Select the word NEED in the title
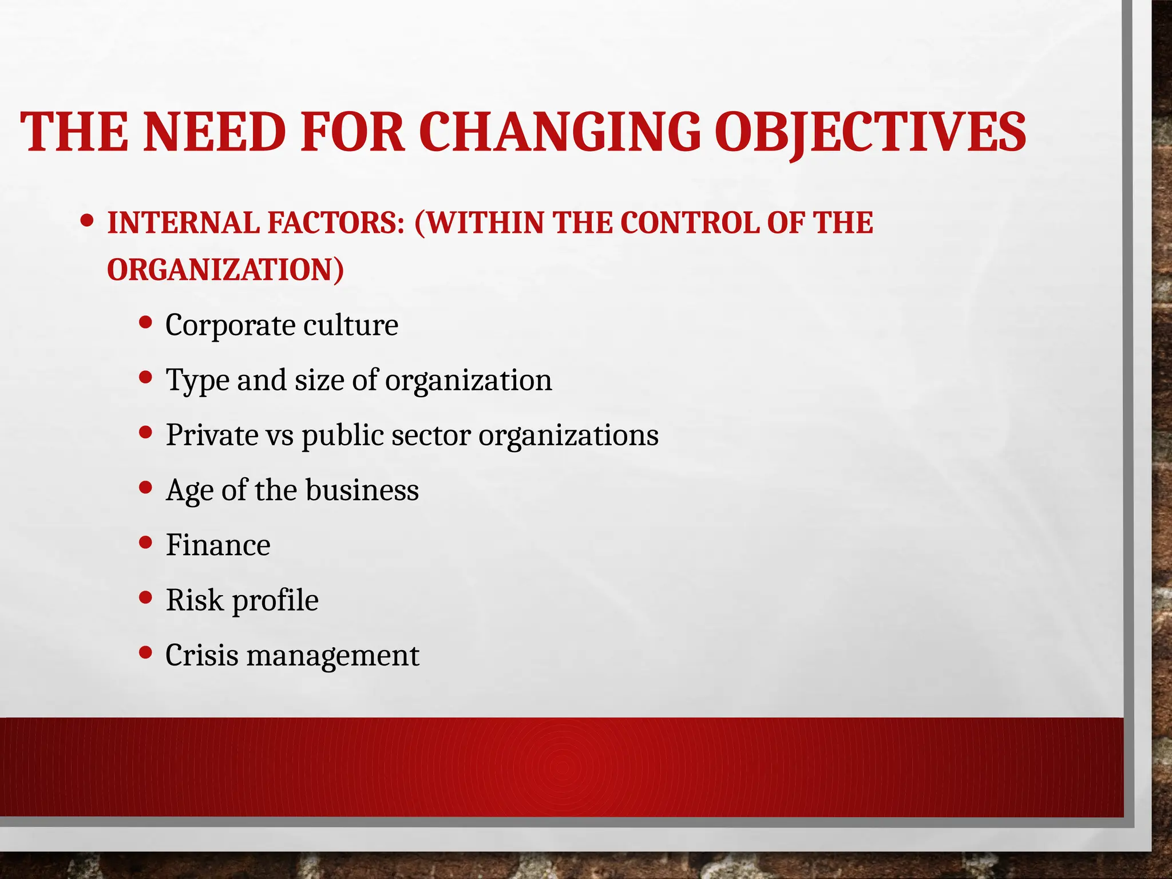pos(214,132)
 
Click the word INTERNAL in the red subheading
pos(183,223)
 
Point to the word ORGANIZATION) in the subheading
pos(225,270)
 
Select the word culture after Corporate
pos(350,325)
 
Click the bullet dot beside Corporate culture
pos(146,322)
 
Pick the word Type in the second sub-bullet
pos(197,381)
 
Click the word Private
pos(212,435)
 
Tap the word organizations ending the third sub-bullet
pos(568,436)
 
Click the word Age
pos(189,491)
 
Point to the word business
pos(362,490)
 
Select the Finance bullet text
pos(218,545)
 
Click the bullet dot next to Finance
pos(146,542)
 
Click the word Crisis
pos(201,655)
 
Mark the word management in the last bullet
pos(332,656)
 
